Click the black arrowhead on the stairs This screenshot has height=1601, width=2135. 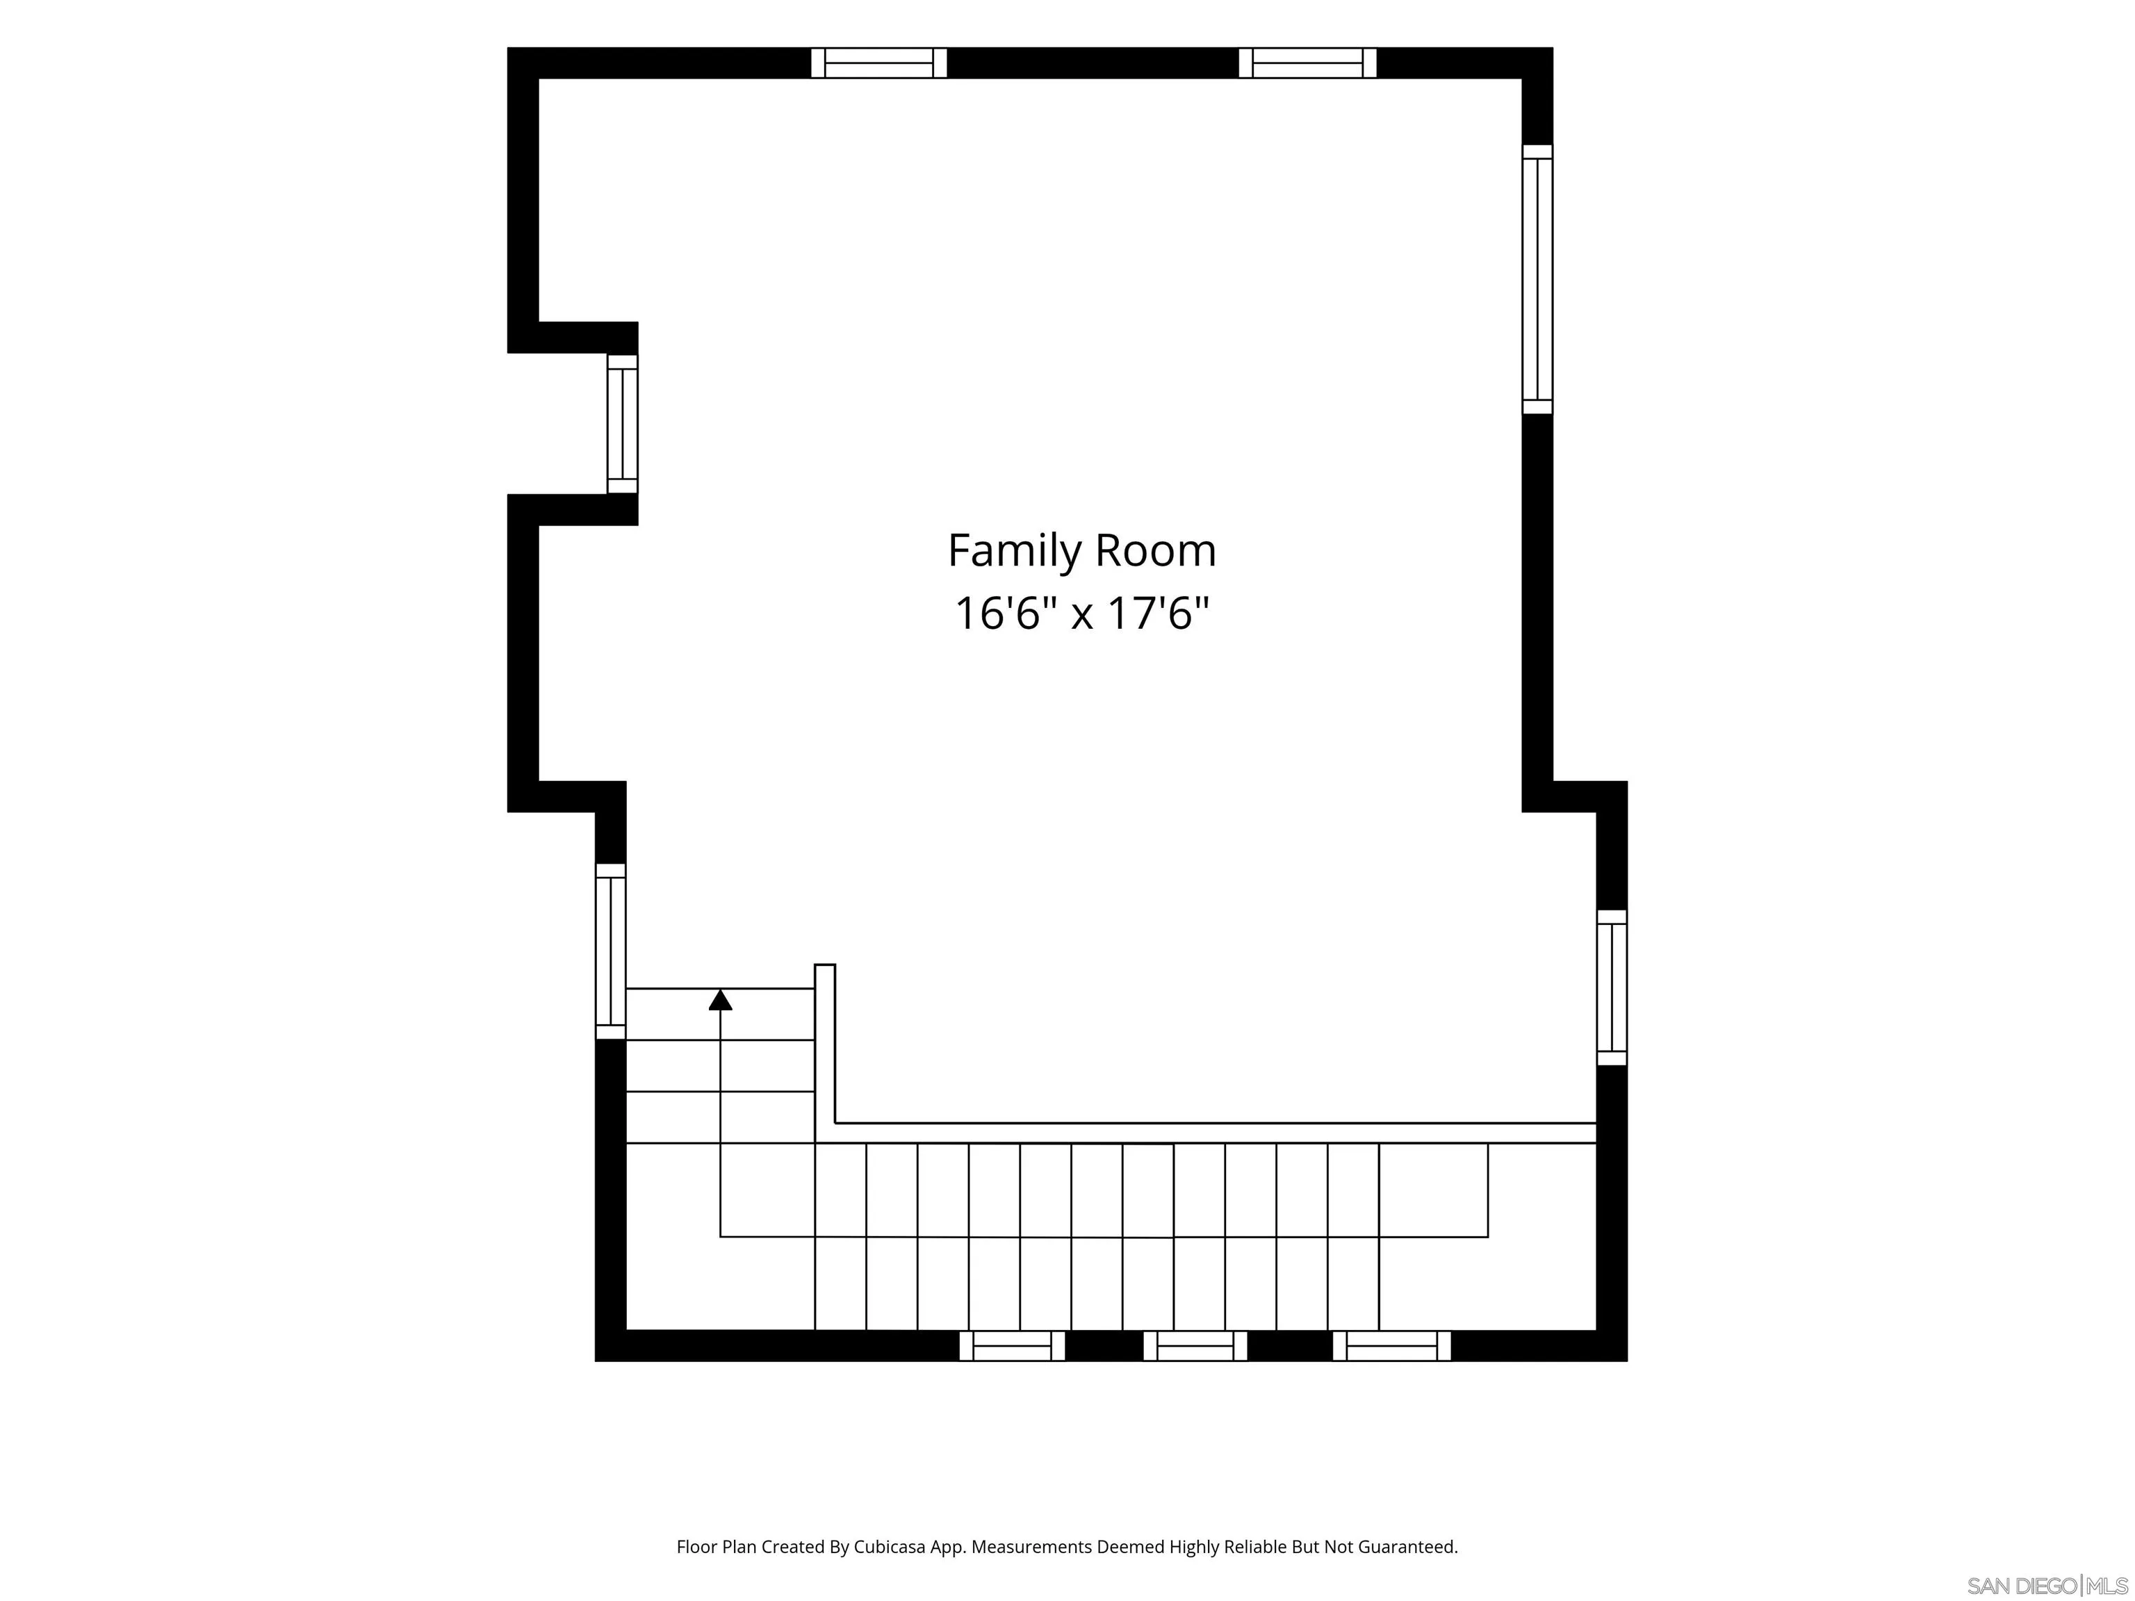(720, 1000)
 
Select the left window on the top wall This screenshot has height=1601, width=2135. (878, 63)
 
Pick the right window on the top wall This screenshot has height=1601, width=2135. (1308, 63)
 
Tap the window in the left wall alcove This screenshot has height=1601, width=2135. (623, 424)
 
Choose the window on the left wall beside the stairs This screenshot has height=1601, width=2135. (611, 951)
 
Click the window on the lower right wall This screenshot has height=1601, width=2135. (1612, 987)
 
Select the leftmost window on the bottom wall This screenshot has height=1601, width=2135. (1011, 1346)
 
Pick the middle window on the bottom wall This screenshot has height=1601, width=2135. (1195, 1346)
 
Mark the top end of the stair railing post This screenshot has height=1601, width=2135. (825, 965)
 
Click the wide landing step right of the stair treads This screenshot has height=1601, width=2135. (1433, 1190)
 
